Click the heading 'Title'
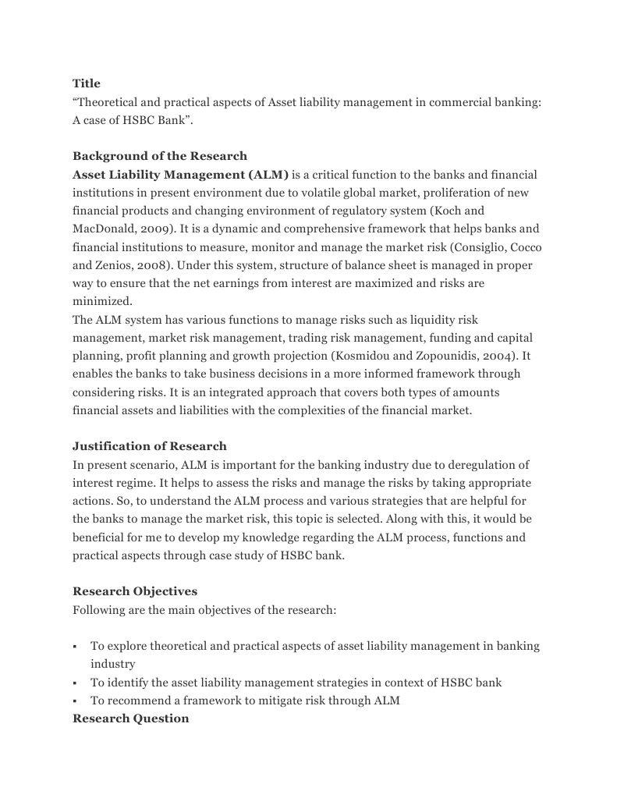pos(87,83)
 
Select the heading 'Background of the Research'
pos(160,156)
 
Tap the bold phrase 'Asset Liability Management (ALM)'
pos(180,175)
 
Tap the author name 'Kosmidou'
pos(360,356)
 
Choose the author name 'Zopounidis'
pos(442,356)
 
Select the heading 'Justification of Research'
pos(150,446)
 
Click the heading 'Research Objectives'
pos(135,591)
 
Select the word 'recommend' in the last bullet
pos(135,700)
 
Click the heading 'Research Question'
pos(131,718)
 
